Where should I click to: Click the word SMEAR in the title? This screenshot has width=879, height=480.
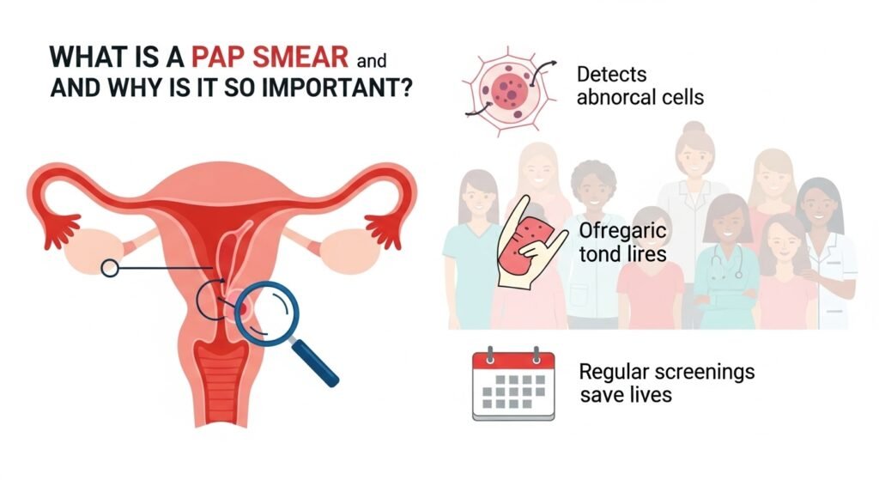(300, 58)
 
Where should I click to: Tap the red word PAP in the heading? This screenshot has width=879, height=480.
(218, 58)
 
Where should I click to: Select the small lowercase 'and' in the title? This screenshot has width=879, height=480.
(371, 60)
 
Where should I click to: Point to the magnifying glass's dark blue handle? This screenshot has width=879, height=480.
(315, 363)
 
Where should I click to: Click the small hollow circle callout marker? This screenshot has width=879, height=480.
(110, 268)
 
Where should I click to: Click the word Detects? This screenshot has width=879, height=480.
(611, 75)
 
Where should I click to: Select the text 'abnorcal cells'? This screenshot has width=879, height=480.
(640, 98)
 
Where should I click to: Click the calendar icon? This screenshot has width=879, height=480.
(513, 384)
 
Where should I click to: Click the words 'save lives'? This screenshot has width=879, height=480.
(626, 395)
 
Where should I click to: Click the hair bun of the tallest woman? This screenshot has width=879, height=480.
(694, 129)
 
